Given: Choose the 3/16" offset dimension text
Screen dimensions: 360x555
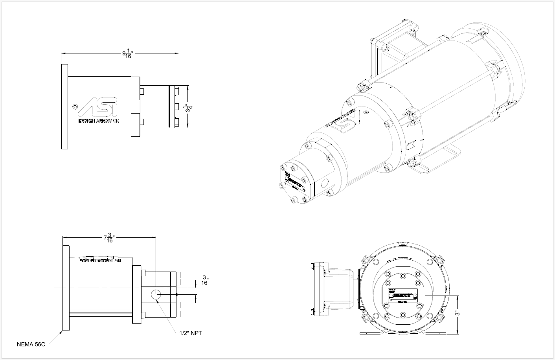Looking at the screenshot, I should (204, 280).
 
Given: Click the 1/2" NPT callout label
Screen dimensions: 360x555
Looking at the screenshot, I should (190, 333).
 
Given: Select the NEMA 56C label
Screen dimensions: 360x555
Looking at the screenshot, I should (31, 344).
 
